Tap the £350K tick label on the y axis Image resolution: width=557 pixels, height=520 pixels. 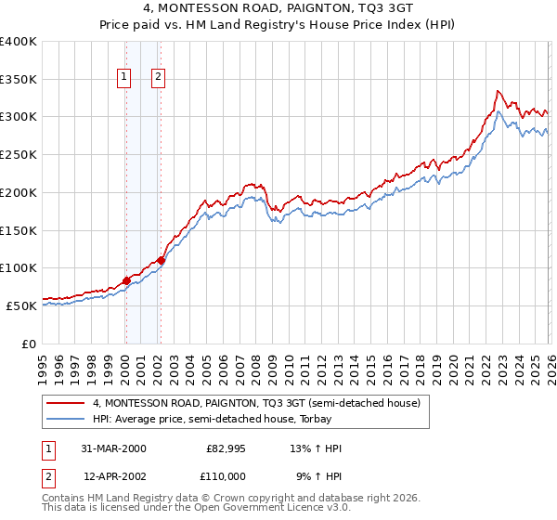19,80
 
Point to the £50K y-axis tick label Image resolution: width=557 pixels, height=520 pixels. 21,305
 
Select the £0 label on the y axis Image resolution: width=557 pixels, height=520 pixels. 30,344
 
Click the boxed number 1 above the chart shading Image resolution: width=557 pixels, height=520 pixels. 125,78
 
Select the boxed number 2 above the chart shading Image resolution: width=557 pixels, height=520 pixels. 159,78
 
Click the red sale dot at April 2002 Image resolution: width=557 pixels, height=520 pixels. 161,260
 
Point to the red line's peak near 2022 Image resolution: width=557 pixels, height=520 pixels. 498,91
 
